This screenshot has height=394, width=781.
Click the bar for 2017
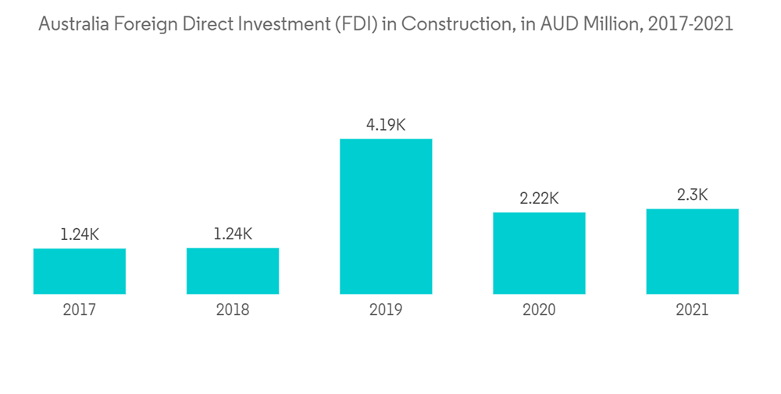(x=80, y=271)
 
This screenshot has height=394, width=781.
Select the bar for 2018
(x=233, y=271)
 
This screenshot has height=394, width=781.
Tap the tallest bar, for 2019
(x=386, y=217)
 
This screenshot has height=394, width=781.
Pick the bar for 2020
(x=539, y=253)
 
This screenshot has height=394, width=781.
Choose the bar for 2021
(x=692, y=252)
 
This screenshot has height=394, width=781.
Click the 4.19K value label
(x=386, y=125)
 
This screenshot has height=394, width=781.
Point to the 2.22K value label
(x=539, y=199)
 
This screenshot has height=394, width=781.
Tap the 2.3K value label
(x=692, y=195)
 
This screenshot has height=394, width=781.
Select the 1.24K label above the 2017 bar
(x=80, y=235)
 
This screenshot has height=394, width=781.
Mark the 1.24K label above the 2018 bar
(x=233, y=235)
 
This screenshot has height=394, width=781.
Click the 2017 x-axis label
(x=80, y=310)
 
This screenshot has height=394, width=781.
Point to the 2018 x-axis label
(x=233, y=310)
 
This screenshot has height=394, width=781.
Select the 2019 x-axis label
(x=386, y=310)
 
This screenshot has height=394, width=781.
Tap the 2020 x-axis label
(x=539, y=310)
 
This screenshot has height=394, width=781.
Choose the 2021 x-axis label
(x=692, y=310)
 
